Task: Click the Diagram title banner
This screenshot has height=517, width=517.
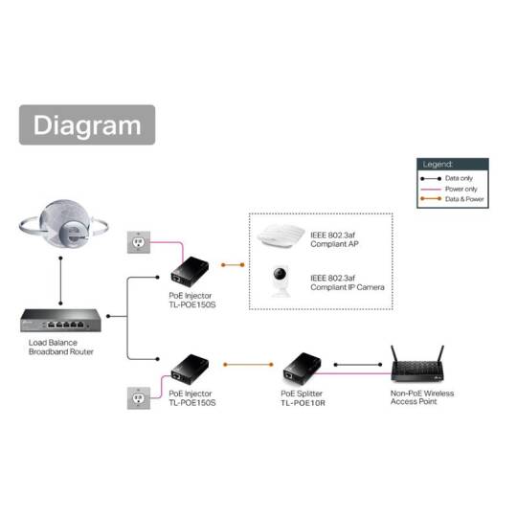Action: [87, 125]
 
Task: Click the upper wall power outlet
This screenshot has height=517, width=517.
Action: [139, 244]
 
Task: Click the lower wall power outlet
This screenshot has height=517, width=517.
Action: [139, 396]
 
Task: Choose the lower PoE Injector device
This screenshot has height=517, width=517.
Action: [191, 368]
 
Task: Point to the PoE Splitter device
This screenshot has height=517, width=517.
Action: [304, 366]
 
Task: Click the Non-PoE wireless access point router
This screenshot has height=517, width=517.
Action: [422, 362]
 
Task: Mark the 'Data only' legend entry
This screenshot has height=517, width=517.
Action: [455, 178]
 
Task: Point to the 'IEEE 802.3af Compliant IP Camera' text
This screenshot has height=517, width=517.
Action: [341, 282]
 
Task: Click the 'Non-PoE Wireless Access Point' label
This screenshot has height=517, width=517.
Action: [421, 396]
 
